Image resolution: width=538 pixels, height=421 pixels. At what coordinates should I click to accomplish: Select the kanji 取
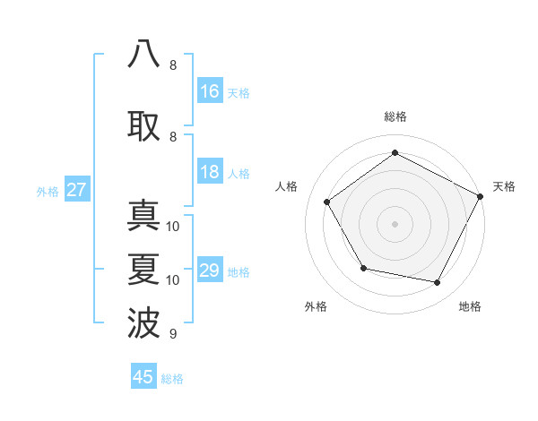(143, 125)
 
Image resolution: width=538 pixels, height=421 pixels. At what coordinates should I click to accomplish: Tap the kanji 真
(143, 218)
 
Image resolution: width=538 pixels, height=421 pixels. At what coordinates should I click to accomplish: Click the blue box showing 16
(209, 91)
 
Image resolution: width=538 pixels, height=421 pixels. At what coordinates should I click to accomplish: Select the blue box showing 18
(209, 173)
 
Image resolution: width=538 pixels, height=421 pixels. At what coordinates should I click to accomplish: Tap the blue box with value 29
(209, 271)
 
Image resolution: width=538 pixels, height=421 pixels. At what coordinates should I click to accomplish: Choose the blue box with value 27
(76, 190)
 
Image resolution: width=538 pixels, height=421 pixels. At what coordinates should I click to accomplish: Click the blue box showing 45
(143, 377)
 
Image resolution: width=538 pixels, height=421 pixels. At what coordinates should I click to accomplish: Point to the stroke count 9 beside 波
(173, 334)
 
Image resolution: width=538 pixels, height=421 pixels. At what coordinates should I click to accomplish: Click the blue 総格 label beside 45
(172, 379)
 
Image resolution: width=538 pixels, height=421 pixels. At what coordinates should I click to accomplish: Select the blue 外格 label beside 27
(48, 191)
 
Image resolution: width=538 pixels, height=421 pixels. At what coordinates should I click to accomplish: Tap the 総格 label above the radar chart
(395, 116)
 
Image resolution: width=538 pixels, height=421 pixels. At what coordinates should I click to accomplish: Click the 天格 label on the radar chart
(504, 186)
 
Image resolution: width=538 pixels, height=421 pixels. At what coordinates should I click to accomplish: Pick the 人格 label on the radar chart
(286, 186)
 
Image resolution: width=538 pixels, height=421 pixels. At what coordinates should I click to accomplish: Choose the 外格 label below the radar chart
(316, 307)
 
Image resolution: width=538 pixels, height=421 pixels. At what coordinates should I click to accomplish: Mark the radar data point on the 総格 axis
(395, 153)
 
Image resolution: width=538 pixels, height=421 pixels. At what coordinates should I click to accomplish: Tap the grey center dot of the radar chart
(395, 223)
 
